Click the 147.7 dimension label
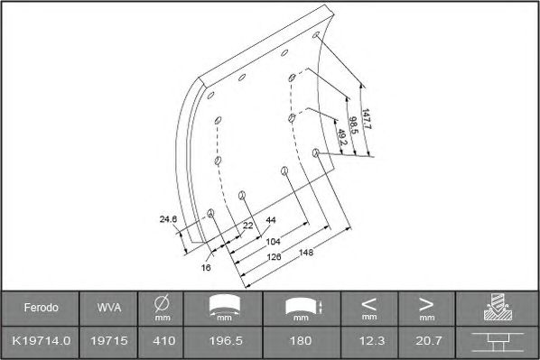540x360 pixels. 366,119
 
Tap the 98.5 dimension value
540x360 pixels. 353,125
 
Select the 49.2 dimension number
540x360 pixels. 342,137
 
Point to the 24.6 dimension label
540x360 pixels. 168,219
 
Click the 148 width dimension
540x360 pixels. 306,253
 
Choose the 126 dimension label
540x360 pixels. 275,257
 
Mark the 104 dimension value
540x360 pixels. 273,242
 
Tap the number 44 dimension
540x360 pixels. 271,220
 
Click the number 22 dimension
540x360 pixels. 248,226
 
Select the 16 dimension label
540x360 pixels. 206,267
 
